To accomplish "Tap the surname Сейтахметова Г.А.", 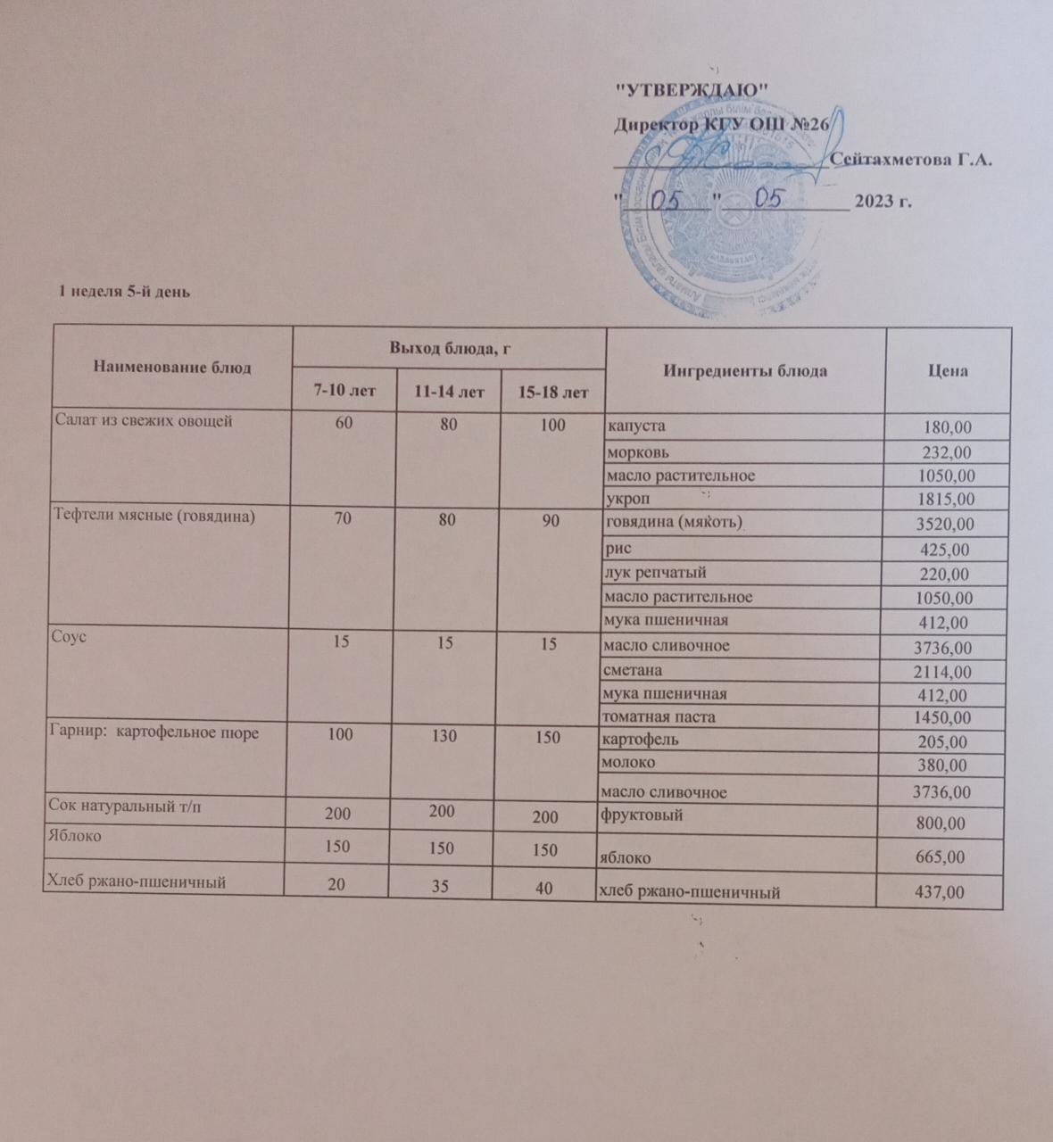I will [911, 160].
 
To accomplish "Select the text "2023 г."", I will [883, 201].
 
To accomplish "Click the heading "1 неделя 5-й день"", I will [124, 291].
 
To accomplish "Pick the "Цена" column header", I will [948, 370].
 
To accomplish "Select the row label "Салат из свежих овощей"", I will [144, 420].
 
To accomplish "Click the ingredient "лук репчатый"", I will [655, 573].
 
